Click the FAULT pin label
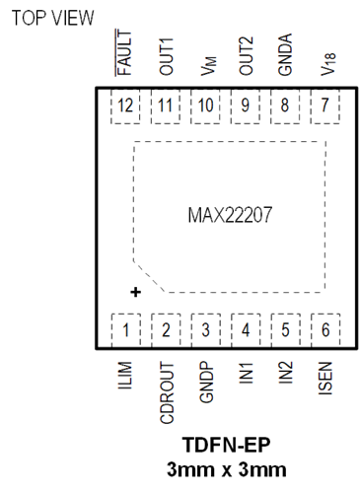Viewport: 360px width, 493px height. click(x=124, y=52)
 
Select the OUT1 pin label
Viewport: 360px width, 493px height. click(x=166, y=56)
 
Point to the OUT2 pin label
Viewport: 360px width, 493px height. click(x=247, y=56)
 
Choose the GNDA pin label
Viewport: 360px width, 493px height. click(x=285, y=54)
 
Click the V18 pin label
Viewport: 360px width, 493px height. click(x=328, y=64)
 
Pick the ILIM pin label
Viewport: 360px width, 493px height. click(x=125, y=376)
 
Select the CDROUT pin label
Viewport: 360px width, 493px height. click(x=167, y=392)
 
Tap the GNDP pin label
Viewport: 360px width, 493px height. click(x=206, y=383)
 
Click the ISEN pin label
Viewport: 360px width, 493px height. click(x=325, y=379)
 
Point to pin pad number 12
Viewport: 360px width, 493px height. click(x=125, y=106)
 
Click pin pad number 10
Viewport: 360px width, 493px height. click(x=205, y=106)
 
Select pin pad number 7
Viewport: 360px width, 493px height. click(x=325, y=106)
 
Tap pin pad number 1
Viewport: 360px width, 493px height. click(x=126, y=330)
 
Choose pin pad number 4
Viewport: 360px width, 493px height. click(x=246, y=330)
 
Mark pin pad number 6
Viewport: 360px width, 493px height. click(x=325, y=330)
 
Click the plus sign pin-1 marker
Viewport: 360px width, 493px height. click(x=135, y=292)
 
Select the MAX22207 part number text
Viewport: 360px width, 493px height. click(x=230, y=215)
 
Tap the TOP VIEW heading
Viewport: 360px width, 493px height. click(x=52, y=18)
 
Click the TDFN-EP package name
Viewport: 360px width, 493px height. click(x=227, y=445)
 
